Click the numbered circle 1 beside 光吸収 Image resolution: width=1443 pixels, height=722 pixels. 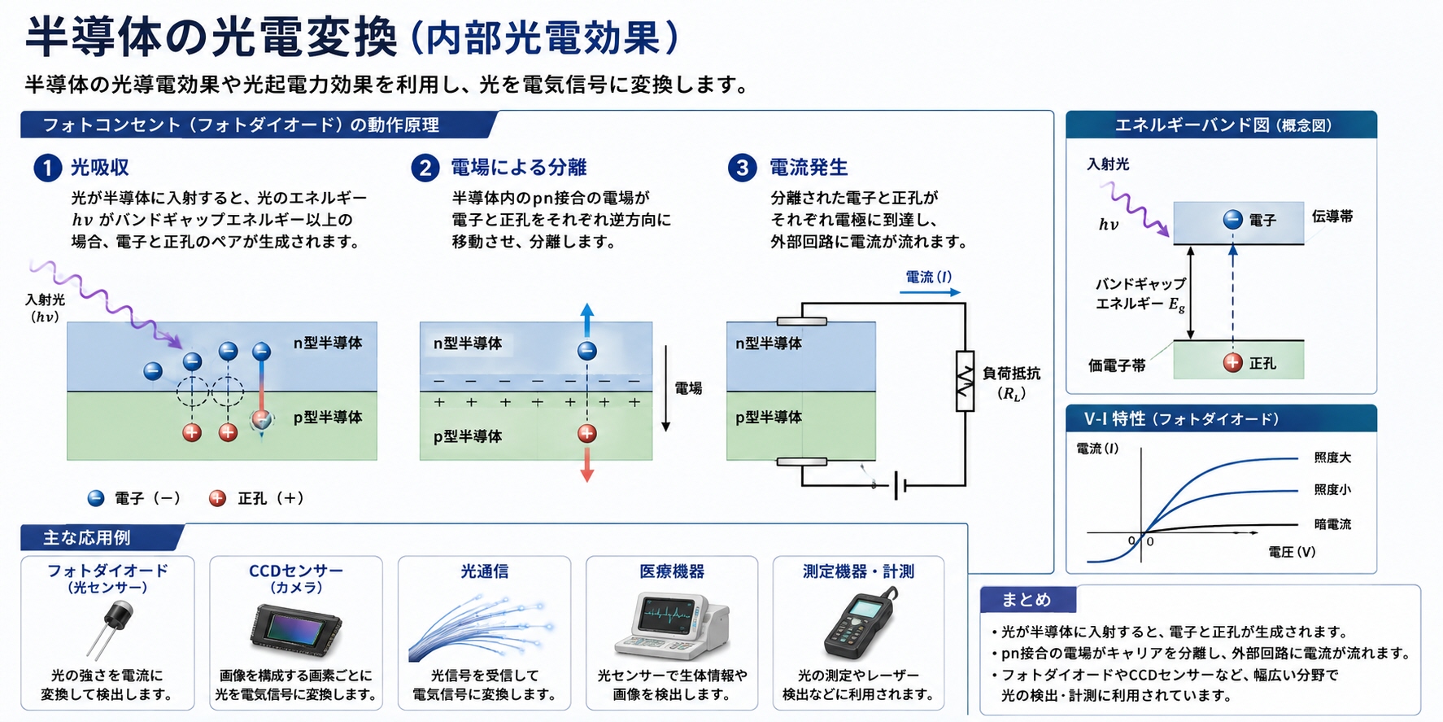click(47, 168)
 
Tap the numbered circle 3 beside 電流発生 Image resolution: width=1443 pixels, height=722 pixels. click(742, 168)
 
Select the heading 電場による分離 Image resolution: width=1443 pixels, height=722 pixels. click(519, 168)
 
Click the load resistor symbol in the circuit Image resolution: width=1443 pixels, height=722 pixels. click(965, 381)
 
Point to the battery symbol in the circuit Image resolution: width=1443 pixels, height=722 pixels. click(900, 486)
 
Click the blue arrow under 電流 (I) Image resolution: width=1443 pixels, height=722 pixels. click(931, 292)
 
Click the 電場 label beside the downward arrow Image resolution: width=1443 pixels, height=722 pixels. click(688, 388)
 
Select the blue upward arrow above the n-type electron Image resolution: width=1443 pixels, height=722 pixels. click(586, 320)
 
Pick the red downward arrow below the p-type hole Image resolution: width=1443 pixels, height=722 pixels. click(586, 465)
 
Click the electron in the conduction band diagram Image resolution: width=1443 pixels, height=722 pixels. click(1233, 220)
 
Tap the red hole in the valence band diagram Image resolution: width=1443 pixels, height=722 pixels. click(1233, 363)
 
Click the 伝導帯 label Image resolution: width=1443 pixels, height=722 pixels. click(1332, 217)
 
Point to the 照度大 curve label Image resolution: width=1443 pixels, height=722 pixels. click(1332, 457)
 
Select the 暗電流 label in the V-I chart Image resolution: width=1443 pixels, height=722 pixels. click(1332, 524)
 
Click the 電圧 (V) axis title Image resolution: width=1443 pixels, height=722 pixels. click(1292, 552)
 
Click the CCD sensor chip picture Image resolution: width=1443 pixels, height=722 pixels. click(295, 630)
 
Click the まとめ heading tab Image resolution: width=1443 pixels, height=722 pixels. click(1027, 600)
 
